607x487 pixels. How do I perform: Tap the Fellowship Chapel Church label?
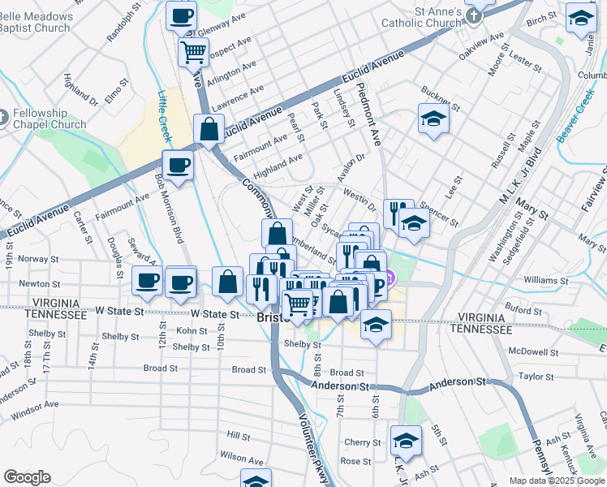pyautogui.click(x=49, y=119)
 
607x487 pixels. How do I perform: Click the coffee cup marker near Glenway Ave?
pyautogui.click(x=181, y=15)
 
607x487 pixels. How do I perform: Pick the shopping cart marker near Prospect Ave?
pyautogui.click(x=194, y=53)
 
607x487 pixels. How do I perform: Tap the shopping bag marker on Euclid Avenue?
pyautogui.click(x=209, y=128)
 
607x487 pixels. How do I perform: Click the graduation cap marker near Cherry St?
pyautogui.click(x=405, y=440)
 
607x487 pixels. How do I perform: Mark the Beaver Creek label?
pyautogui.click(x=576, y=114)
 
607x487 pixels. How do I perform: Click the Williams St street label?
pyautogui.click(x=545, y=279)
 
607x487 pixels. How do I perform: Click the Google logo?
pyautogui.click(x=28, y=477)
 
